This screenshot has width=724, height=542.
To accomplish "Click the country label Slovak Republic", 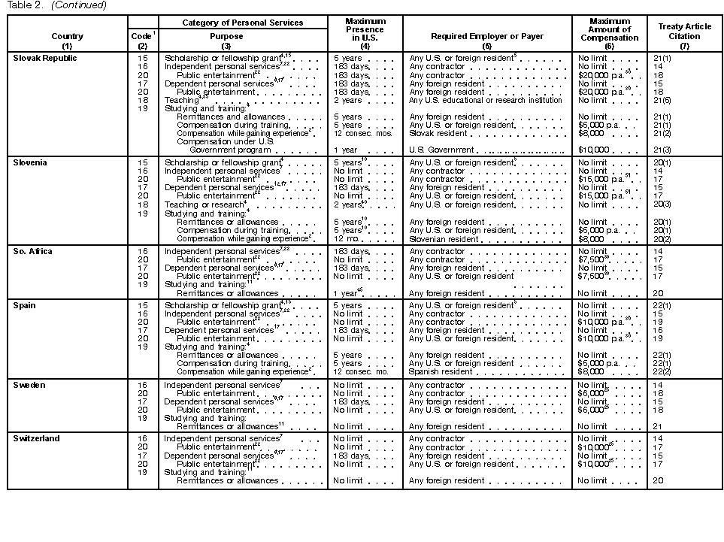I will (x=45, y=58).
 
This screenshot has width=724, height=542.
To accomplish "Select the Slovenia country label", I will (x=31, y=162).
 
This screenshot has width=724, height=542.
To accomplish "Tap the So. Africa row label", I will (x=33, y=251).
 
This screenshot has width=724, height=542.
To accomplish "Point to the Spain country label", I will (x=26, y=305).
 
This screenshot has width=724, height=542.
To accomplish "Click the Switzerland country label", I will (x=37, y=438).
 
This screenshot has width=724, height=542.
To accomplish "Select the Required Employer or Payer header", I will (x=487, y=35).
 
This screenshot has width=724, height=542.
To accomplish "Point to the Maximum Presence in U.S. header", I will (x=365, y=31).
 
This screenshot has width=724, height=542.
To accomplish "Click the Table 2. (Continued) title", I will (x=53, y=5).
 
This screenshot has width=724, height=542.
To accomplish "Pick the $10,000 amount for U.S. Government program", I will (x=592, y=150).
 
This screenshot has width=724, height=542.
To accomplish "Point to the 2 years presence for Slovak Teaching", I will (x=347, y=100).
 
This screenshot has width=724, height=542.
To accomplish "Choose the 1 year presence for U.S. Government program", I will (x=345, y=150).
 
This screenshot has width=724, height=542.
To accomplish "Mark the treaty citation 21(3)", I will (x=662, y=150).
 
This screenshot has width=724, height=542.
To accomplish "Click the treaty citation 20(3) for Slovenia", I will (x=662, y=204).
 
